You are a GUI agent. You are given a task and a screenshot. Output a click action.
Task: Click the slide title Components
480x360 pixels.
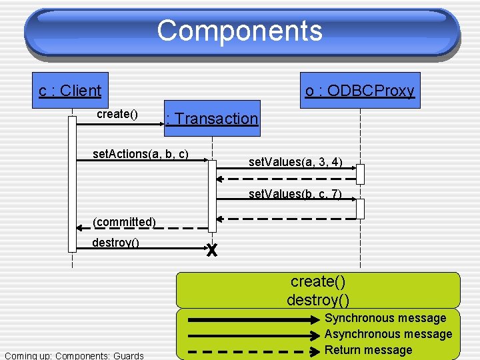coord(240,31)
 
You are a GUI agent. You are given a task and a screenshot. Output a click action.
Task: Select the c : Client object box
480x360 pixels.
coord(70,91)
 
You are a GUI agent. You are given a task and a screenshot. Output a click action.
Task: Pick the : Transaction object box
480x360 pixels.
coord(212,119)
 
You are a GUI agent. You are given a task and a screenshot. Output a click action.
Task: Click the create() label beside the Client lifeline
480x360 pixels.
coord(117,114)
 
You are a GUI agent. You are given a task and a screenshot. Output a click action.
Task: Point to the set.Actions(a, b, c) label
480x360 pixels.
coord(141,154)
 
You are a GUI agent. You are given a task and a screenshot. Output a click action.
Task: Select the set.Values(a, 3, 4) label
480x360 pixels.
coord(295,161)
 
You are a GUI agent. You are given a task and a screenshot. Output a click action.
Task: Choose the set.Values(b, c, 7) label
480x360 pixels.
coord(295,195)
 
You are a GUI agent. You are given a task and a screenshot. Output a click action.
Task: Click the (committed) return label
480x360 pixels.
coord(124,221)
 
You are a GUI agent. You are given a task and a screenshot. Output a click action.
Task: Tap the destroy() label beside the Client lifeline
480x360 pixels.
coord(115,243)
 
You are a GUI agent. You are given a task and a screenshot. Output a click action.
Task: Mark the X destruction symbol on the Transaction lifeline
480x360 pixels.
coord(212,251)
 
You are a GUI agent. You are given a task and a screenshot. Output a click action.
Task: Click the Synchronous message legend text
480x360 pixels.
coord(385,318)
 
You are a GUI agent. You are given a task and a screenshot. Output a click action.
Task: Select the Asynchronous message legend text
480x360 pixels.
coord(388,334)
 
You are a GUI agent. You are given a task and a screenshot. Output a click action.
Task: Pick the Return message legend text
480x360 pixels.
coord(368,350)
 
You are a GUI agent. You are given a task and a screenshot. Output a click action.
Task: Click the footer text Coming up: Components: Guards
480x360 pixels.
coord(74,355)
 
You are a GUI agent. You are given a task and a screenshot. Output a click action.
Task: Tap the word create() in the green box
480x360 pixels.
coord(318,281)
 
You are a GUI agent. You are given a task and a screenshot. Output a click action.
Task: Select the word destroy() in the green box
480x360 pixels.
coord(318,300)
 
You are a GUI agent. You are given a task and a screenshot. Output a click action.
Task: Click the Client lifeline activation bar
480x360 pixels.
coord(72,183)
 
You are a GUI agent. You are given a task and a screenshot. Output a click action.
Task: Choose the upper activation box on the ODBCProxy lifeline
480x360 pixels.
coord(360,173)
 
